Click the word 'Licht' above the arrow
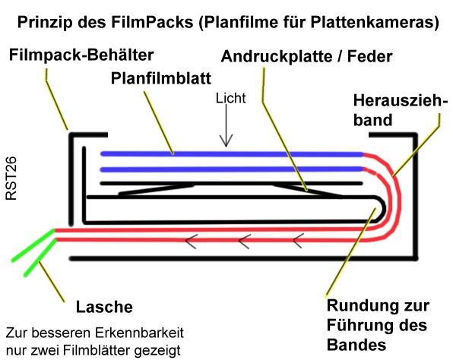[230, 98]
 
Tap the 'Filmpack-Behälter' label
[81, 55]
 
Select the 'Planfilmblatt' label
[161, 78]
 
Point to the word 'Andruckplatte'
[277, 57]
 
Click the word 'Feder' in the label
[369, 56]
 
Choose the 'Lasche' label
[104, 307]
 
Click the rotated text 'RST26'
[11, 178]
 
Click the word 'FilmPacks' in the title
[153, 22]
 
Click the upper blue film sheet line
[232, 154]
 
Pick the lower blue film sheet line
[232, 169]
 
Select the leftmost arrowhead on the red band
[191, 241]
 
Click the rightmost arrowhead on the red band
[299, 241]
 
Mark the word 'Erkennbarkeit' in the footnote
[138, 333]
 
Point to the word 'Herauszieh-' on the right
[401, 101]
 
